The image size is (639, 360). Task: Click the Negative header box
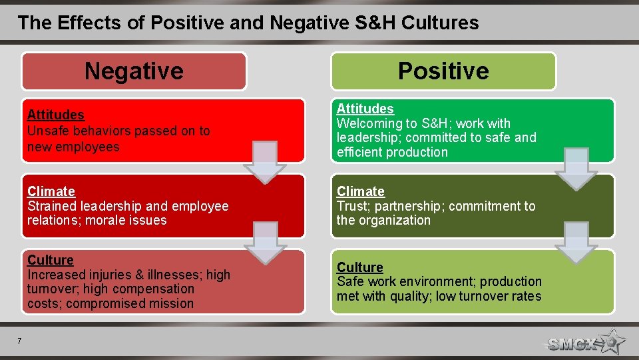click(x=134, y=71)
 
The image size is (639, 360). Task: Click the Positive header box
click(x=443, y=71)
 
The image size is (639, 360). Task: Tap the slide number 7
click(x=19, y=341)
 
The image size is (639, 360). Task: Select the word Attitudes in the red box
click(x=56, y=115)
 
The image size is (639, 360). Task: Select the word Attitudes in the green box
click(x=365, y=109)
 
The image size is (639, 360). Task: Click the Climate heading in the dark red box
click(x=51, y=191)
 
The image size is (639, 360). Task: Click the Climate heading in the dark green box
click(x=360, y=191)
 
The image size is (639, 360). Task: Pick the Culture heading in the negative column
click(x=51, y=260)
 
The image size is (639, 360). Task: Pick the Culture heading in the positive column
click(x=359, y=267)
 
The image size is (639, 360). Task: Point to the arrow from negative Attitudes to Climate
click(x=264, y=162)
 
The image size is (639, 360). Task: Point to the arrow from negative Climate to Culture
click(x=264, y=242)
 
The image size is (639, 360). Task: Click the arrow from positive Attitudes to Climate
click(x=576, y=169)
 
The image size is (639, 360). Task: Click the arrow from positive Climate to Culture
click(x=576, y=242)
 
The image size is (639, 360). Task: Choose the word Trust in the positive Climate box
click(x=353, y=206)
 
